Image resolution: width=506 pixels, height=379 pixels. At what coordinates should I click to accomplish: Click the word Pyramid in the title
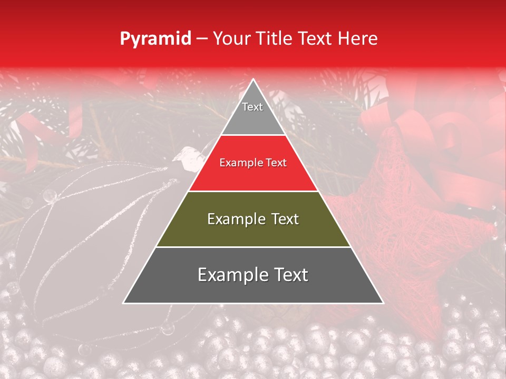click(x=155, y=39)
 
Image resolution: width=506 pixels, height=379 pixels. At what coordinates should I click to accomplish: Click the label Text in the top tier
click(x=252, y=107)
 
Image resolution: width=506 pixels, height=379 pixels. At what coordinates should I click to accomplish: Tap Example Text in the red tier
click(x=253, y=163)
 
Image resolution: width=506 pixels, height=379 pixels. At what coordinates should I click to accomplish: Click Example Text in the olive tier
click(x=253, y=219)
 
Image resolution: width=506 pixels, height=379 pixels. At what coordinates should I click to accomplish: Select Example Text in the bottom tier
click(x=253, y=275)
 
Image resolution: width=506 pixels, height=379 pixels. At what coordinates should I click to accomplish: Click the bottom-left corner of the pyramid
click(x=124, y=303)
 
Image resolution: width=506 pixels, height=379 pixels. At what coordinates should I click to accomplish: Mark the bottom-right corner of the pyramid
click(x=382, y=303)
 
